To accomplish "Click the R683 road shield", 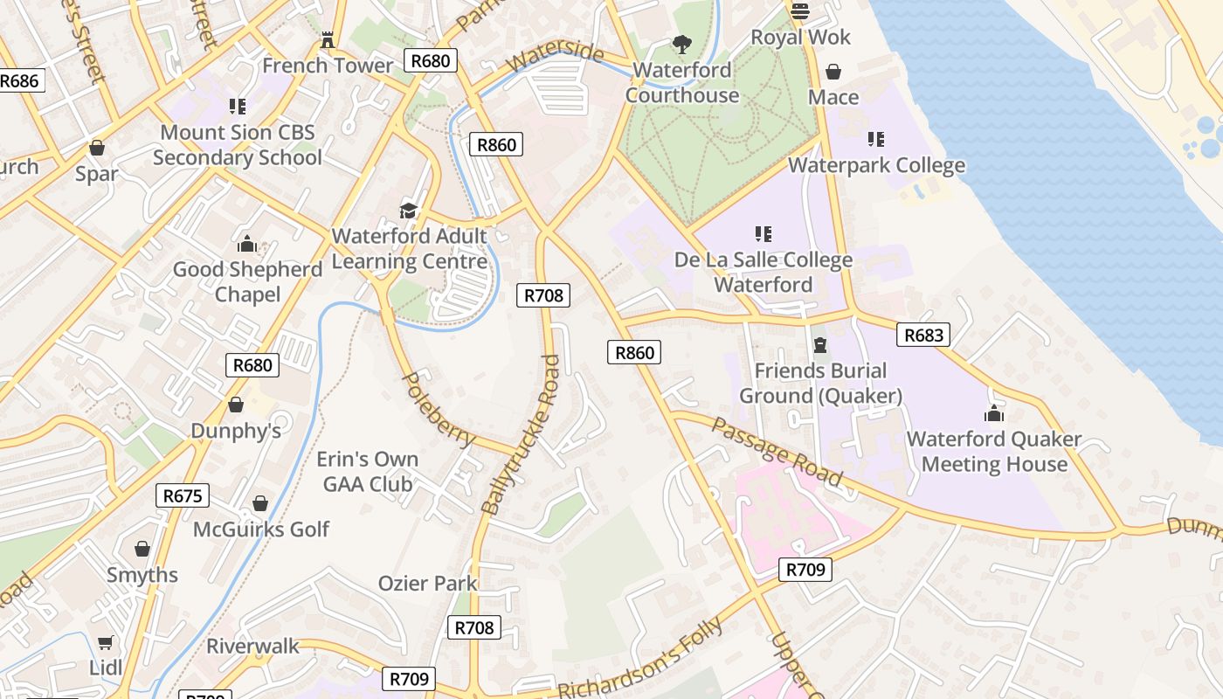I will pyautogui.click(x=922, y=335).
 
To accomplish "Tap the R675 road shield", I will pyautogui.click(x=183, y=496).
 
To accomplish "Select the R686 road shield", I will pyautogui.click(x=18, y=81).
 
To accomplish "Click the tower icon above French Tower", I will pyautogui.click(x=328, y=39).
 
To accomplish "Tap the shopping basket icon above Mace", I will pyautogui.click(x=833, y=72).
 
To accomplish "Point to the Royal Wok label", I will pyautogui.click(x=800, y=38).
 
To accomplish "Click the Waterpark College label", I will pyautogui.click(x=876, y=165).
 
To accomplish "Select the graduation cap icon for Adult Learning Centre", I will pyautogui.click(x=408, y=211).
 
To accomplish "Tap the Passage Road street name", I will pyautogui.click(x=777, y=452).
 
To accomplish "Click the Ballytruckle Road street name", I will pyautogui.click(x=522, y=434).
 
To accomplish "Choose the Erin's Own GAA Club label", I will pyautogui.click(x=367, y=471).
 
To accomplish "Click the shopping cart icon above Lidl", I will pyautogui.click(x=106, y=643).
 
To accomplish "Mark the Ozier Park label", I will pyautogui.click(x=427, y=583).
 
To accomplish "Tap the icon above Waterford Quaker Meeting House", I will pyautogui.click(x=994, y=413).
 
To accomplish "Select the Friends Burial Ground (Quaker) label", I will pyautogui.click(x=820, y=383).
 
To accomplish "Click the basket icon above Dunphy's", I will pyautogui.click(x=235, y=405).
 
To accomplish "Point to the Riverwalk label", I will pyautogui.click(x=252, y=647).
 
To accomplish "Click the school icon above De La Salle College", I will pyautogui.click(x=764, y=234).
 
